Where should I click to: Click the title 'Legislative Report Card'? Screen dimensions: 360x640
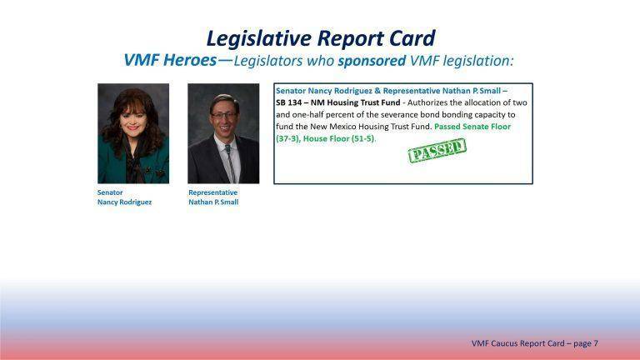click(320, 38)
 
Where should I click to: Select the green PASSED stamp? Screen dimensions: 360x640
click(437, 151)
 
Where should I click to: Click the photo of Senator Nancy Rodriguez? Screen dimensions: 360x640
click(133, 133)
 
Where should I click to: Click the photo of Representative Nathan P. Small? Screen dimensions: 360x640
click(223, 133)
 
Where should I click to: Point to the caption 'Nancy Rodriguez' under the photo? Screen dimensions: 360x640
click(124, 202)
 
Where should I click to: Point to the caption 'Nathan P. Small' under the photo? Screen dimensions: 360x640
click(213, 202)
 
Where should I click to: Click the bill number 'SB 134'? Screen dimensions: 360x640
click(290, 102)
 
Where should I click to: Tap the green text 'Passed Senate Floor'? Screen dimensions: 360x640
click(472, 126)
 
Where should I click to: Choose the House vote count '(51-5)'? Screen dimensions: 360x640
click(357, 138)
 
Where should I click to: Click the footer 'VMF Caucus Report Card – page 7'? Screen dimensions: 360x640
click(534, 343)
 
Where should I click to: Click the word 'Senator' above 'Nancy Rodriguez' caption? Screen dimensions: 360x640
click(110, 192)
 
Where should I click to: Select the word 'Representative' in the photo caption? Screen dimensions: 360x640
click(212, 192)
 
